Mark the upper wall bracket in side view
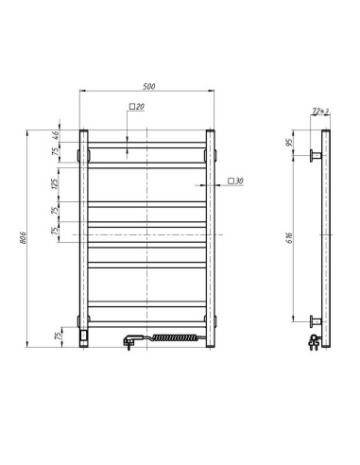314,154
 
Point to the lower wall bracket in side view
314,320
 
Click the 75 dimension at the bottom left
57,336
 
